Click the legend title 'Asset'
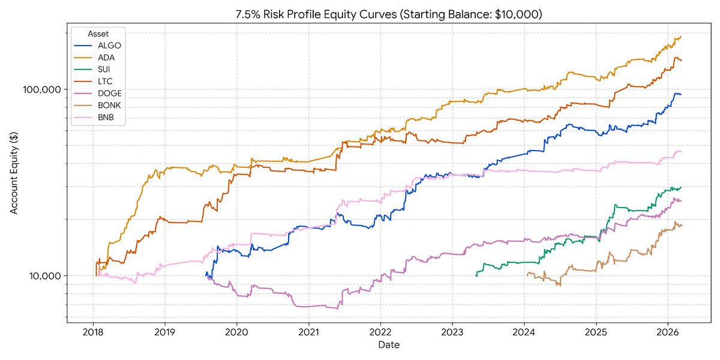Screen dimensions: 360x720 (x=98, y=34)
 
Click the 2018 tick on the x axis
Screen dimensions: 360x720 (x=93, y=332)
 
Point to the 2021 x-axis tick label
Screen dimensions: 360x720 (x=308, y=332)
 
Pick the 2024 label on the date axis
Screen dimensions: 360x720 (x=524, y=332)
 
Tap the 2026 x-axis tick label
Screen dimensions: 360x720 (x=668, y=332)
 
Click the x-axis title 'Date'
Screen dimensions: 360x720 (x=389, y=345)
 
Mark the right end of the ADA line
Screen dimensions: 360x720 (x=681, y=37)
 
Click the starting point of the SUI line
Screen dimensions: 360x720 (x=476, y=276)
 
